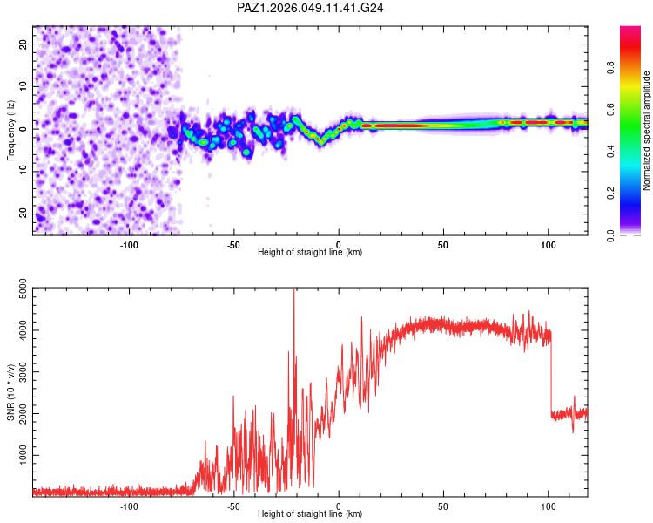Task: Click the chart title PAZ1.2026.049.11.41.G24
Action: click(311, 8)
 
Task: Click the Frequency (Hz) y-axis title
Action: click(10, 131)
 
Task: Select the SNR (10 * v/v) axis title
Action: click(10, 392)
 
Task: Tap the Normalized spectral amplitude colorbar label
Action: click(647, 131)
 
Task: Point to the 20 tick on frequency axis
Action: click(24, 44)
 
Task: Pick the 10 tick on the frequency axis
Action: click(24, 86)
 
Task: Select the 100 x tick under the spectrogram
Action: click(549, 244)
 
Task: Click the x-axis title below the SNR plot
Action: click(310, 514)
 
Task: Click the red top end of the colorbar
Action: click(630, 31)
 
